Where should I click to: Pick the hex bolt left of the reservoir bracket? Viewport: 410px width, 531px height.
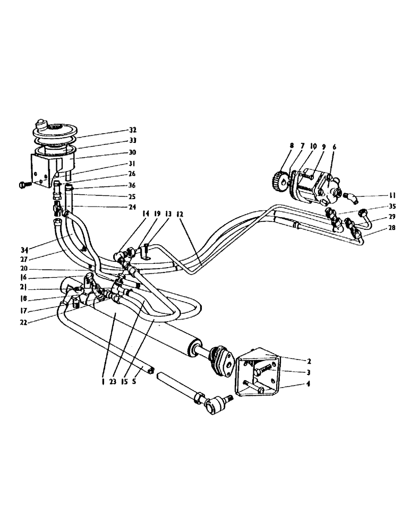point(24,185)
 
